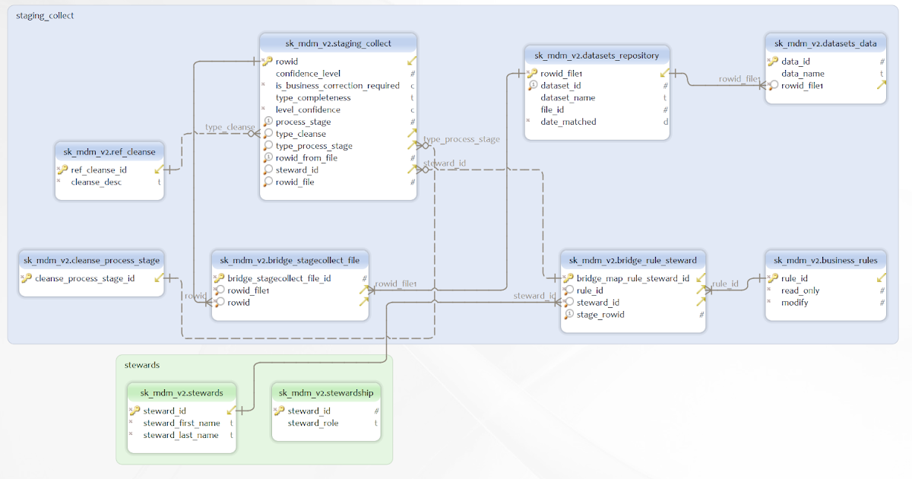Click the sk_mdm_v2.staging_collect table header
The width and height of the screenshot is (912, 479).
338,43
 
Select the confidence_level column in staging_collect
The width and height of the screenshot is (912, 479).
308,74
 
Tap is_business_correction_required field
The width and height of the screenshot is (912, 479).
337,86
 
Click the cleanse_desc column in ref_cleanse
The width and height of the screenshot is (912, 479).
96,182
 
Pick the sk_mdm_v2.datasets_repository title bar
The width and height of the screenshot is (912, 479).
597,56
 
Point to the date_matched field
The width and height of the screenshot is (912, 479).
568,122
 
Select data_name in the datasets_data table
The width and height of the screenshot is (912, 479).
803,74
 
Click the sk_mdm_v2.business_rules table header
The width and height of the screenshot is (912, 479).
825,260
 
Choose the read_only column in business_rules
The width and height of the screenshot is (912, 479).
800,290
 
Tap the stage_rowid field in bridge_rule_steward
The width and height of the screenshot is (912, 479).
600,315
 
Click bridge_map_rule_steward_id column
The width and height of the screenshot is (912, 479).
632,278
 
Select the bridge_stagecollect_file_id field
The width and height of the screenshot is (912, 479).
279,278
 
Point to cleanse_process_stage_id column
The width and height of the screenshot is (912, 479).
84,278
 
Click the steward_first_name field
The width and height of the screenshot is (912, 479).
182,423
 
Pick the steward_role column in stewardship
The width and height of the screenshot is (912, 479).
312,423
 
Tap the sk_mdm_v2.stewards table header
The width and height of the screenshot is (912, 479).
182,393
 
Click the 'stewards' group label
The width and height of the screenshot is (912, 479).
142,365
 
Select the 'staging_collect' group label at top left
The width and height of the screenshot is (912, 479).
45,15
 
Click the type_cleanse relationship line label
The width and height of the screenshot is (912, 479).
230,127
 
